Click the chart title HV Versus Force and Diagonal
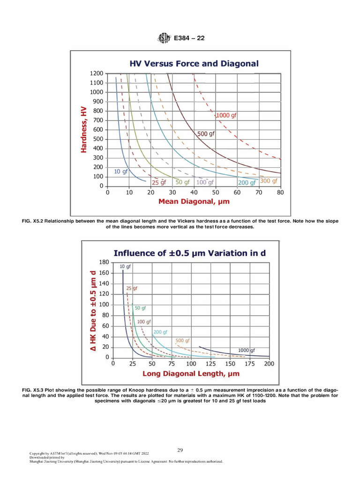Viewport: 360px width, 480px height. pos(194,63)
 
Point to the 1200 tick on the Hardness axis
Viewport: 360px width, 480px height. pos(96,74)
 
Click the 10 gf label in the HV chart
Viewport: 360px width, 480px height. pos(121,172)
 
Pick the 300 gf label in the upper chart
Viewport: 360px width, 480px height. pos(269,181)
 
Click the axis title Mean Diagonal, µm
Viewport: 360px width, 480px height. pos(194,202)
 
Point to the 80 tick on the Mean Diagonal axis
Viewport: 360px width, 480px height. pos(280,193)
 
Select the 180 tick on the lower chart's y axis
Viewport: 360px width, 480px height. pos(104,262)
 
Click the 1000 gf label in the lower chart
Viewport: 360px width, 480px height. pos(247,350)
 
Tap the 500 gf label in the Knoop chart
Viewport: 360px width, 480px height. pos(182,340)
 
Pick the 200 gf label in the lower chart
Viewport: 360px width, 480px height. pos(161,332)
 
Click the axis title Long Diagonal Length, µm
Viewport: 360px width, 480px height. pos(191,374)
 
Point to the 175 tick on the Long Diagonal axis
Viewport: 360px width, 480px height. pos(250,364)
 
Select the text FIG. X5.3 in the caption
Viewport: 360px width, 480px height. pos(36,390)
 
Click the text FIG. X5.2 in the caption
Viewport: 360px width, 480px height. pos(36,221)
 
